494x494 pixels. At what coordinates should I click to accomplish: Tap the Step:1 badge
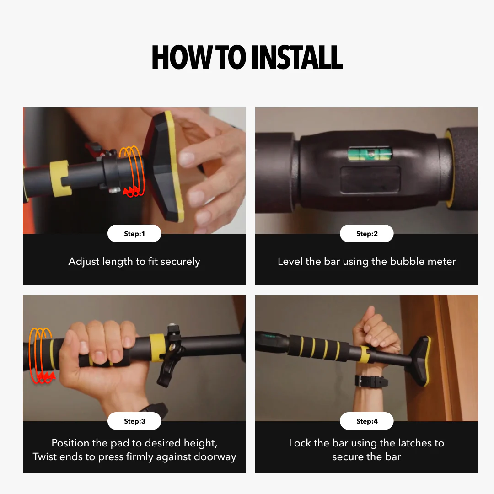[134, 234]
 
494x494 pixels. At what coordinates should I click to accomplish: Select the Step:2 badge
[366, 234]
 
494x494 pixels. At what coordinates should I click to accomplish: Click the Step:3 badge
[134, 421]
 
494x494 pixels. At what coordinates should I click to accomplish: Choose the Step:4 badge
[366, 421]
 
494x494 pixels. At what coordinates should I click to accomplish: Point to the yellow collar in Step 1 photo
[60, 178]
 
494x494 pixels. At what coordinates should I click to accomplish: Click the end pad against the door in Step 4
[419, 361]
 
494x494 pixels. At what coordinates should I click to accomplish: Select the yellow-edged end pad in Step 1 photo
[165, 167]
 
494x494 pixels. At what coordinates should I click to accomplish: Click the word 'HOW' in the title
[174, 58]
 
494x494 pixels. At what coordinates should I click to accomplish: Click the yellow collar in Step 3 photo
[157, 345]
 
